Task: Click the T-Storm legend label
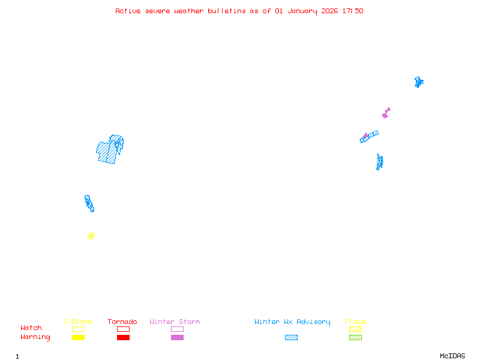[x=77, y=322]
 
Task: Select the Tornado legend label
[x=122, y=322]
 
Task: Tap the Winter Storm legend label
[x=175, y=322]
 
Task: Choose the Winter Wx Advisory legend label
[x=292, y=322]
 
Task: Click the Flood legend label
[x=355, y=322]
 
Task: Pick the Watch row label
[x=31, y=328]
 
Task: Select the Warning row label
[x=35, y=337]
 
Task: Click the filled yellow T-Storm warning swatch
[x=78, y=338]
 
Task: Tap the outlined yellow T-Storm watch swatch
[x=78, y=329]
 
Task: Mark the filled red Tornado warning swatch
[x=123, y=338]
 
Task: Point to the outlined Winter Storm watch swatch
[x=177, y=329]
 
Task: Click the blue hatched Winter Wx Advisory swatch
[x=291, y=338]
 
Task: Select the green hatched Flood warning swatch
[x=355, y=338]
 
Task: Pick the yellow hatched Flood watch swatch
[x=355, y=329]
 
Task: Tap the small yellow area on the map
[x=91, y=236]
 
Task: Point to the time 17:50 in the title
[x=352, y=11]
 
